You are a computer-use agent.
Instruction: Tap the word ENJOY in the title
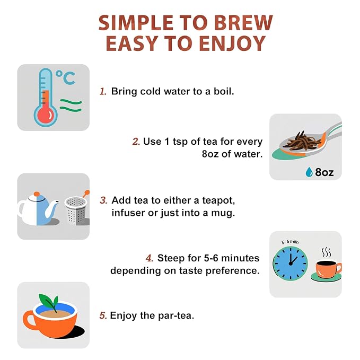coord(232,43)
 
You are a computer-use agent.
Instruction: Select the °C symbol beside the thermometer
coord(66,77)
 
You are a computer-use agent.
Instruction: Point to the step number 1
coord(103,91)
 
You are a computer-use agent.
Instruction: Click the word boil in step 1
coord(224,91)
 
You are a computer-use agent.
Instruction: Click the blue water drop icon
coord(309,172)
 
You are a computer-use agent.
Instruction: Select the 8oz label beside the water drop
coord(324,172)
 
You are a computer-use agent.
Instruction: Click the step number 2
coord(136,142)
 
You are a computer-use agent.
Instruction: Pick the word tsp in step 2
coord(180,142)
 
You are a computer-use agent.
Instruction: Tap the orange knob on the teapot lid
coord(37,194)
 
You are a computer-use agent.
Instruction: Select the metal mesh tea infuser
coord(76,210)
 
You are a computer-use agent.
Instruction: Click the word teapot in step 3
coord(218,200)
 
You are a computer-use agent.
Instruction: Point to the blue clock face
coord(291,264)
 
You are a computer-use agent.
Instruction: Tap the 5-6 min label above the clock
coord(290,242)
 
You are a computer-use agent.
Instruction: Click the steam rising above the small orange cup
coord(326,252)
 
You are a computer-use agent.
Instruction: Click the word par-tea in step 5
coord(176,315)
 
